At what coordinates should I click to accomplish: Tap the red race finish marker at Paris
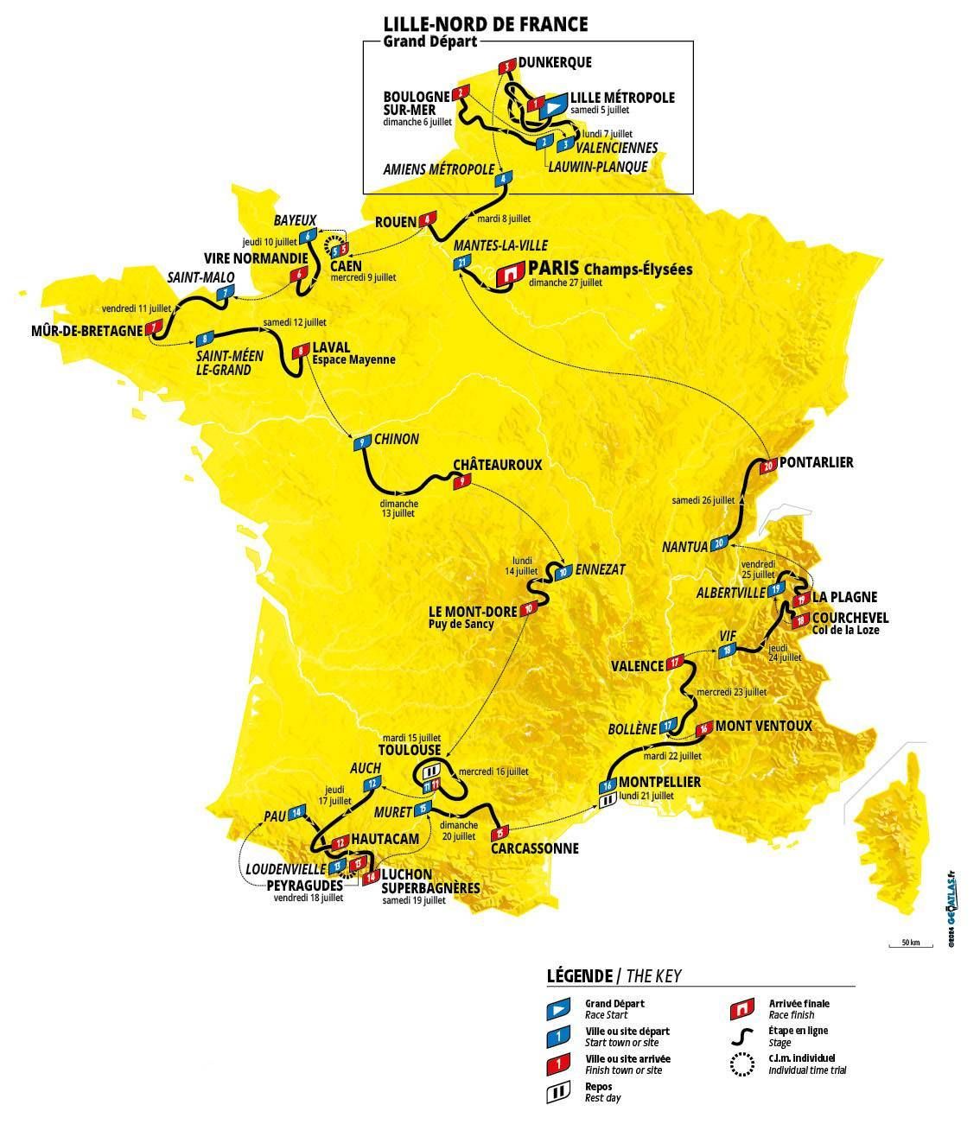pyautogui.click(x=509, y=274)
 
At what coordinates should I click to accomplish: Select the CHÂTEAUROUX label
pyautogui.click(x=497, y=465)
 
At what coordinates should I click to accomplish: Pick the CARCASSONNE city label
pyautogui.click(x=534, y=848)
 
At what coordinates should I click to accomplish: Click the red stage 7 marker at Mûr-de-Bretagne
pyautogui.click(x=155, y=328)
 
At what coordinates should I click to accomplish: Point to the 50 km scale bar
pyautogui.click(x=910, y=947)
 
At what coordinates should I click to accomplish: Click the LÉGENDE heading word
pyautogui.click(x=579, y=976)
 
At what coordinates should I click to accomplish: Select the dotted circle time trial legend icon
pyautogui.click(x=741, y=1064)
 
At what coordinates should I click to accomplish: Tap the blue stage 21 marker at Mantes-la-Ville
pyautogui.click(x=463, y=263)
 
